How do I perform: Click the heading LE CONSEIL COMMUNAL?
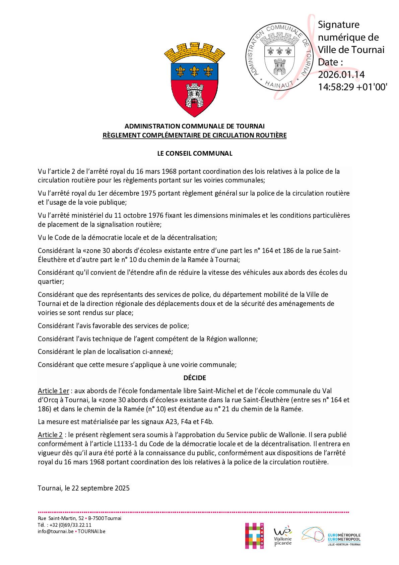point(195,153)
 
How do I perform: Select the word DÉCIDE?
point(195,378)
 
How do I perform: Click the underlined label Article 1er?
point(53,391)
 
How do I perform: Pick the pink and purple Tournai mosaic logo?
point(254,536)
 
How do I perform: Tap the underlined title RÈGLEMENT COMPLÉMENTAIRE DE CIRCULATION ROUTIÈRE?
point(195,136)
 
